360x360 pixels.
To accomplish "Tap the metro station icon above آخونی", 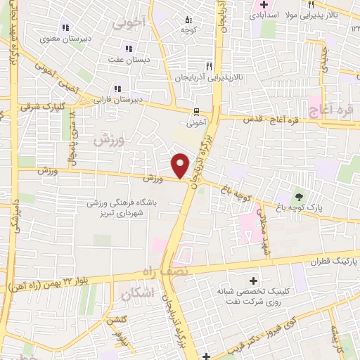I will tap(198, 110).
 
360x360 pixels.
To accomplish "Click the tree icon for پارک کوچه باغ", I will tap(300, 197).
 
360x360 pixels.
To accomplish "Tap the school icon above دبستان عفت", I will tap(128, 49).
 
